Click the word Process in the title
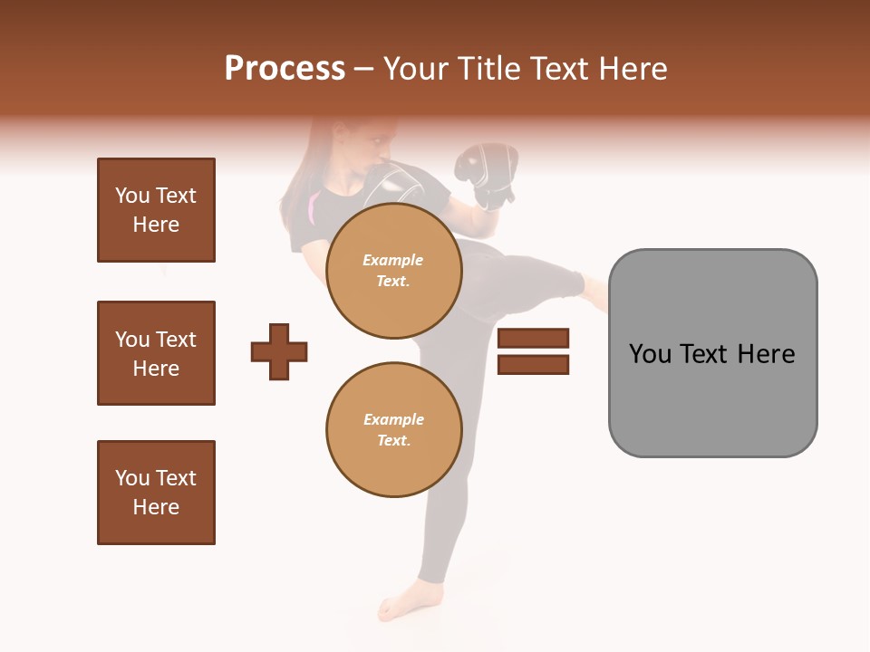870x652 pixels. pyautogui.click(x=285, y=69)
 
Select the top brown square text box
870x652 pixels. pyautogui.click(x=156, y=210)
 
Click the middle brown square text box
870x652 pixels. pyautogui.click(x=156, y=353)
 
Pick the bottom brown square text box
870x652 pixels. pyautogui.click(x=156, y=493)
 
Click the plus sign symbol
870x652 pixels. pyautogui.click(x=279, y=351)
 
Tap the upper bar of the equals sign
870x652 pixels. pyautogui.click(x=533, y=338)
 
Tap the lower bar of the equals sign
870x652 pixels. pyautogui.click(x=533, y=365)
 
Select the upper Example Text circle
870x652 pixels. pyautogui.click(x=394, y=271)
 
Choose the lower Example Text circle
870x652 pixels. pyautogui.click(x=394, y=430)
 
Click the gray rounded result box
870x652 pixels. pyautogui.click(x=712, y=398)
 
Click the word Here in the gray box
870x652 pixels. pyautogui.click(x=766, y=354)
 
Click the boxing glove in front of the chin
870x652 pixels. pyautogui.click(x=399, y=186)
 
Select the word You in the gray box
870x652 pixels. pyautogui.click(x=650, y=354)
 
